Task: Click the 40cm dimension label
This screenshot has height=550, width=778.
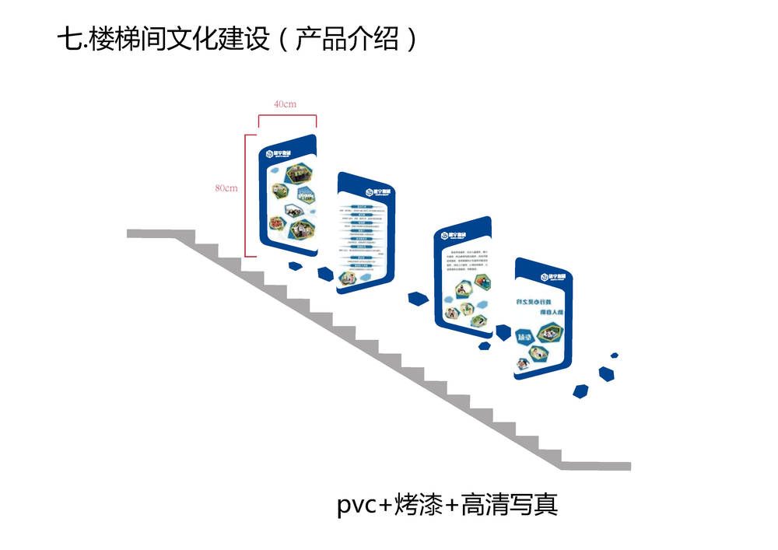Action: click(x=285, y=104)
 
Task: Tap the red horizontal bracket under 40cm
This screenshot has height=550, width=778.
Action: click(x=287, y=117)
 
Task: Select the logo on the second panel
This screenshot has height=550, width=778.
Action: click(x=374, y=191)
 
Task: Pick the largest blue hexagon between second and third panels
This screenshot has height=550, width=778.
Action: click(x=418, y=299)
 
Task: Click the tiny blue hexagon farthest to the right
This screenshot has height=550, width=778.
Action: click(x=615, y=355)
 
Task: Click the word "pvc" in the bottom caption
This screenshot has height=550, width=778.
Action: click(x=356, y=506)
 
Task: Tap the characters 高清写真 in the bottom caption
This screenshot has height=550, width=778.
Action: click(x=510, y=506)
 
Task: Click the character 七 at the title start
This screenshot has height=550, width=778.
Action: click(x=68, y=39)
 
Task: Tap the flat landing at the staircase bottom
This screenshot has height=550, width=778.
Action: click(x=599, y=466)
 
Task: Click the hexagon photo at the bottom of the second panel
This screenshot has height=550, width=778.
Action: click(x=348, y=276)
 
